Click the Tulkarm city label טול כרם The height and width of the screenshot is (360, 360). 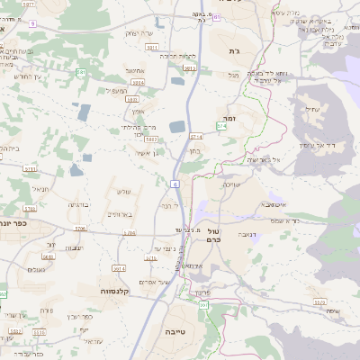click(213, 238)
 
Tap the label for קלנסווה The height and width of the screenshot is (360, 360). click(120, 291)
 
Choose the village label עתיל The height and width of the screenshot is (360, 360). click(313, 109)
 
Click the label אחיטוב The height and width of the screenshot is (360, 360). click(136, 69)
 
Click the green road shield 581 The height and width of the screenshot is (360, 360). click(81, 72)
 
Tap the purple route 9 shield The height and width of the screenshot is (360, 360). click(33, 23)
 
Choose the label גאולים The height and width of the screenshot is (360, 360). click(37, 269)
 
